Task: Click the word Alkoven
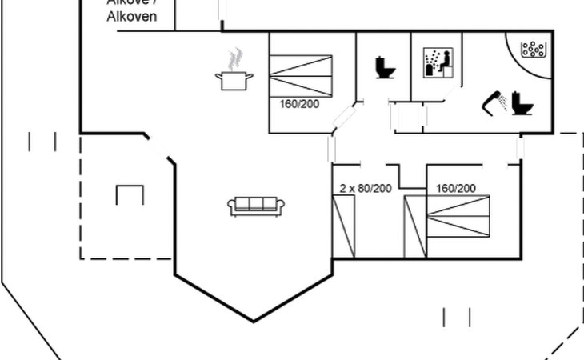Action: tap(132, 17)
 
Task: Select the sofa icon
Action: tap(253, 206)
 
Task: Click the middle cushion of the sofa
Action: tap(253, 204)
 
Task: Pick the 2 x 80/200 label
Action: tap(365, 188)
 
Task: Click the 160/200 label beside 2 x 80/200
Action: tap(456, 188)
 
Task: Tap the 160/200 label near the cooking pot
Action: tap(299, 103)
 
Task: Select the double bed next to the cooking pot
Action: tap(300, 75)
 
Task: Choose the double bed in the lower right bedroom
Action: tap(457, 218)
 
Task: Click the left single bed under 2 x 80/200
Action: tap(344, 227)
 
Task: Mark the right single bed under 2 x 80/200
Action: tap(416, 227)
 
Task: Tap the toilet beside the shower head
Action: tap(522, 102)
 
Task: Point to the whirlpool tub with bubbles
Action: tap(531, 50)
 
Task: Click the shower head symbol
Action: tap(493, 102)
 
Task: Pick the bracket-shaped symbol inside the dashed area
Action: tap(129, 194)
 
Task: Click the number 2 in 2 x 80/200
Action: tap(343, 188)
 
